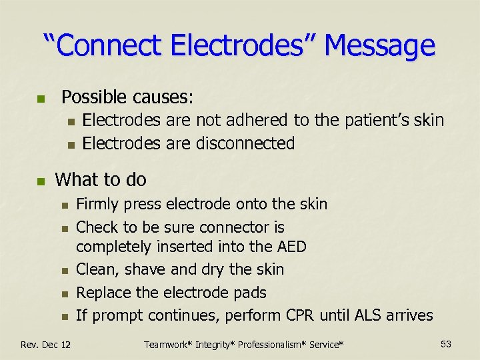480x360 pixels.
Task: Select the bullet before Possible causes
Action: pos(41,99)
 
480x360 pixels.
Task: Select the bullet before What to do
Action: pos(41,181)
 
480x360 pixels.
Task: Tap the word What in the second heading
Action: pos(77,179)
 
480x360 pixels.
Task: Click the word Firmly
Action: pos(97,204)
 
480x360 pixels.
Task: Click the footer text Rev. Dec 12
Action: pos(46,344)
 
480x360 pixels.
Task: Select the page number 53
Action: pos(446,344)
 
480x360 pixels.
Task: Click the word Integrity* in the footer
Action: pos(213,344)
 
